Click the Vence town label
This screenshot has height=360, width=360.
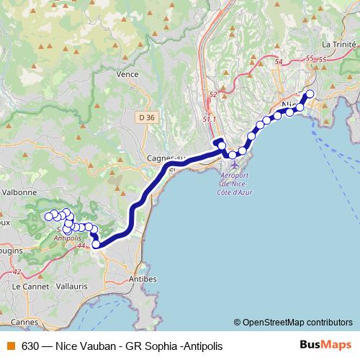[127, 73]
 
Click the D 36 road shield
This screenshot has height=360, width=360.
[146, 117]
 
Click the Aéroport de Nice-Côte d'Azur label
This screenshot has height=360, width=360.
[235, 184]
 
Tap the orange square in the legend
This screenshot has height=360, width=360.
[10, 346]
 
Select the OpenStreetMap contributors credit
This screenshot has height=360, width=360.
[297, 322]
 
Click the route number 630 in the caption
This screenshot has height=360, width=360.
[30, 346]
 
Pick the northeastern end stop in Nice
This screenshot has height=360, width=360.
[310, 94]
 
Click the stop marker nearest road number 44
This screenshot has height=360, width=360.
[96, 244]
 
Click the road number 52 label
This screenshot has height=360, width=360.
[212, 94]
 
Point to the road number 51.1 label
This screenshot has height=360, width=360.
[210, 119]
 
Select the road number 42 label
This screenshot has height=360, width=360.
[17, 271]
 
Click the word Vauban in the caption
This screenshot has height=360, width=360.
[99, 346]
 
